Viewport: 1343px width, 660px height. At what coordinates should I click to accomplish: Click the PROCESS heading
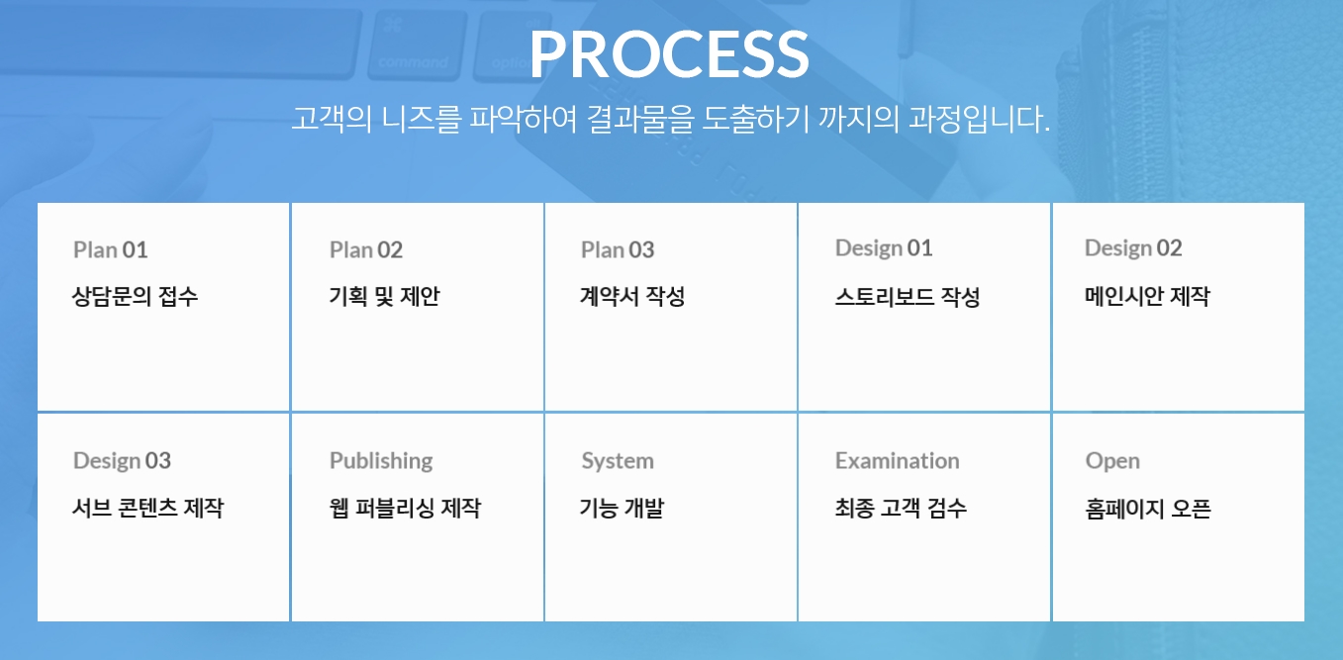(669, 54)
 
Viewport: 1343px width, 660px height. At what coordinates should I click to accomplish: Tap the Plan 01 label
(110, 250)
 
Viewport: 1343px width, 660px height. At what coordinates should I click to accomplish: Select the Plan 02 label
(366, 250)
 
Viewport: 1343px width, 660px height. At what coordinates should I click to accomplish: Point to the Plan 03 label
(618, 250)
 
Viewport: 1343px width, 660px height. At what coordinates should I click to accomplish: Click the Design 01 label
(884, 248)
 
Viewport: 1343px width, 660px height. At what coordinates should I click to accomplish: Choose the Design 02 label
(1133, 248)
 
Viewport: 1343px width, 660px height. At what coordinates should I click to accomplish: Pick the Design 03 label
(122, 461)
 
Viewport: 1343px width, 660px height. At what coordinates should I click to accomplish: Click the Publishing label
(381, 461)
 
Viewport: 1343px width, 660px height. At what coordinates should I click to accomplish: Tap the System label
(618, 461)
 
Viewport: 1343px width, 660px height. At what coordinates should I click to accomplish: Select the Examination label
(897, 461)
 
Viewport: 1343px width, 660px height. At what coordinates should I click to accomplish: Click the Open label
(1112, 461)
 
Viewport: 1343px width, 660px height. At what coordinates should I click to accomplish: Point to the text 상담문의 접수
(135, 296)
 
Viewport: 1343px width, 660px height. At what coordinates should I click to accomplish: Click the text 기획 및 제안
(384, 296)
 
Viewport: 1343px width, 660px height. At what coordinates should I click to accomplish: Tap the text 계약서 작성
(632, 296)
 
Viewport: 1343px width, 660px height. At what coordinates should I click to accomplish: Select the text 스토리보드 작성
(908, 296)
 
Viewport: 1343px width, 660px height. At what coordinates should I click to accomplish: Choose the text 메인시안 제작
(1147, 296)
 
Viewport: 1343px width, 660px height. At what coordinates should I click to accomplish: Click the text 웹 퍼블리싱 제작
(405, 509)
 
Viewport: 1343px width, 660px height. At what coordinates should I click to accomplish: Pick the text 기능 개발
(622, 509)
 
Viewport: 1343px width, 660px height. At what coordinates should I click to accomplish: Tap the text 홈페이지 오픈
(1148, 509)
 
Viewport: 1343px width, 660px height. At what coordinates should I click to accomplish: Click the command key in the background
(417, 44)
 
